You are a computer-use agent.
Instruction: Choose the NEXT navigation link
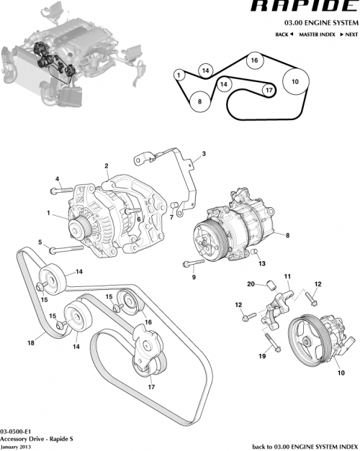click(349, 35)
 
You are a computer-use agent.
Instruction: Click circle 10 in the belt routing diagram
click(294, 82)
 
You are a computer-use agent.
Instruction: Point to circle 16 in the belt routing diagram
click(254, 61)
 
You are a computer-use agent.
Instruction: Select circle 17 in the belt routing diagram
click(269, 91)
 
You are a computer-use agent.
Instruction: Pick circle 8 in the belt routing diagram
click(200, 102)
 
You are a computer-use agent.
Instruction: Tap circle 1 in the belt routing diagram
click(179, 73)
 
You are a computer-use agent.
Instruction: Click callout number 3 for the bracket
click(204, 154)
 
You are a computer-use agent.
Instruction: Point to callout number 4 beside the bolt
click(56, 178)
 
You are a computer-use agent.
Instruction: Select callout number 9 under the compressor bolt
click(194, 276)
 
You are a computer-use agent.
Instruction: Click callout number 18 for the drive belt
click(31, 343)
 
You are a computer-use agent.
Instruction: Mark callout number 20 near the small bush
click(251, 283)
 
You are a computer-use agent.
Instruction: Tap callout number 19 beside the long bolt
click(262, 355)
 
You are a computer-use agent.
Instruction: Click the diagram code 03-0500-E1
click(15, 431)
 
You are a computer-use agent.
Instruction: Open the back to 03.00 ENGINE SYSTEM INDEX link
click(305, 446)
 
